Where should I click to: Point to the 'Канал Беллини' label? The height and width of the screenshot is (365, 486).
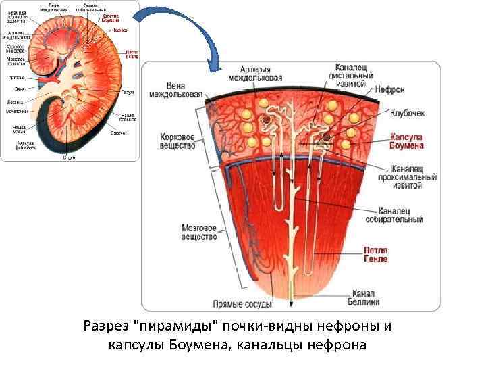click(363, 297)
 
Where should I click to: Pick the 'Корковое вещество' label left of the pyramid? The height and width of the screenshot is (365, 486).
click(178, 141)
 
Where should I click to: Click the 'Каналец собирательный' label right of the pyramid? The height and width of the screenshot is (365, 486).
click(401, 215)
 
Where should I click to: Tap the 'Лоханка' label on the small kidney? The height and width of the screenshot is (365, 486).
click(15, 100)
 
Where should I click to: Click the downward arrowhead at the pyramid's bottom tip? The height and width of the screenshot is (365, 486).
click(292, 299)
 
